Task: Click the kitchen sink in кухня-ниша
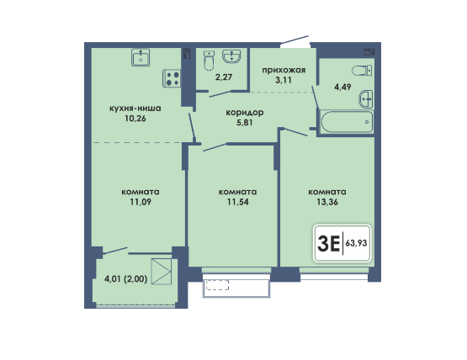click(x=141, y=57)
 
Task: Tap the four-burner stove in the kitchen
click(x=172, y=78)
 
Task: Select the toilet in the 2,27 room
click(x=209, y=61)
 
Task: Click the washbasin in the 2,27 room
click(x=231, y=56)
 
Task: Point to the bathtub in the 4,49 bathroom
click(x=347, y=121)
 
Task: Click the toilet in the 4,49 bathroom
click(x=362, y=71)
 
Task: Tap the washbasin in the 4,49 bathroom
click(x=366, y=98)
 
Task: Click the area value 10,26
click(x=135, y=119)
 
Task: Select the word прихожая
click(x=284, y=71)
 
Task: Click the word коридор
click(x=245, y=113)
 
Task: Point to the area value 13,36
click(x=327, y=202)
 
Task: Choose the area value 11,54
click(x=237, y=202)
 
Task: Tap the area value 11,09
click(x=141, y=202)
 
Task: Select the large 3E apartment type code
click(x=329, y=243)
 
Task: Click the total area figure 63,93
click(x=356, y=243)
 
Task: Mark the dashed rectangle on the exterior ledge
click(x=217, y=285)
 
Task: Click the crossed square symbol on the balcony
click(x=162, y=272)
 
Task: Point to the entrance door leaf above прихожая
click(x=295, y=40)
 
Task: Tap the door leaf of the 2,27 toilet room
click(x=220, y=94)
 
